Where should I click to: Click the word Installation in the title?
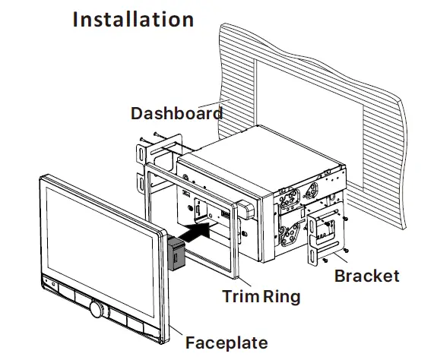133,20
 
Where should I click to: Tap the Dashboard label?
176,114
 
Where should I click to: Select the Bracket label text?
366,276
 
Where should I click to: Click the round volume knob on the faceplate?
97,309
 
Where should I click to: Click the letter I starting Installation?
76,20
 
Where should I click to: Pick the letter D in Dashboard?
138,114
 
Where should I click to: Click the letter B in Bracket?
340,276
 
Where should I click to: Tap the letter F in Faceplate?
190,343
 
